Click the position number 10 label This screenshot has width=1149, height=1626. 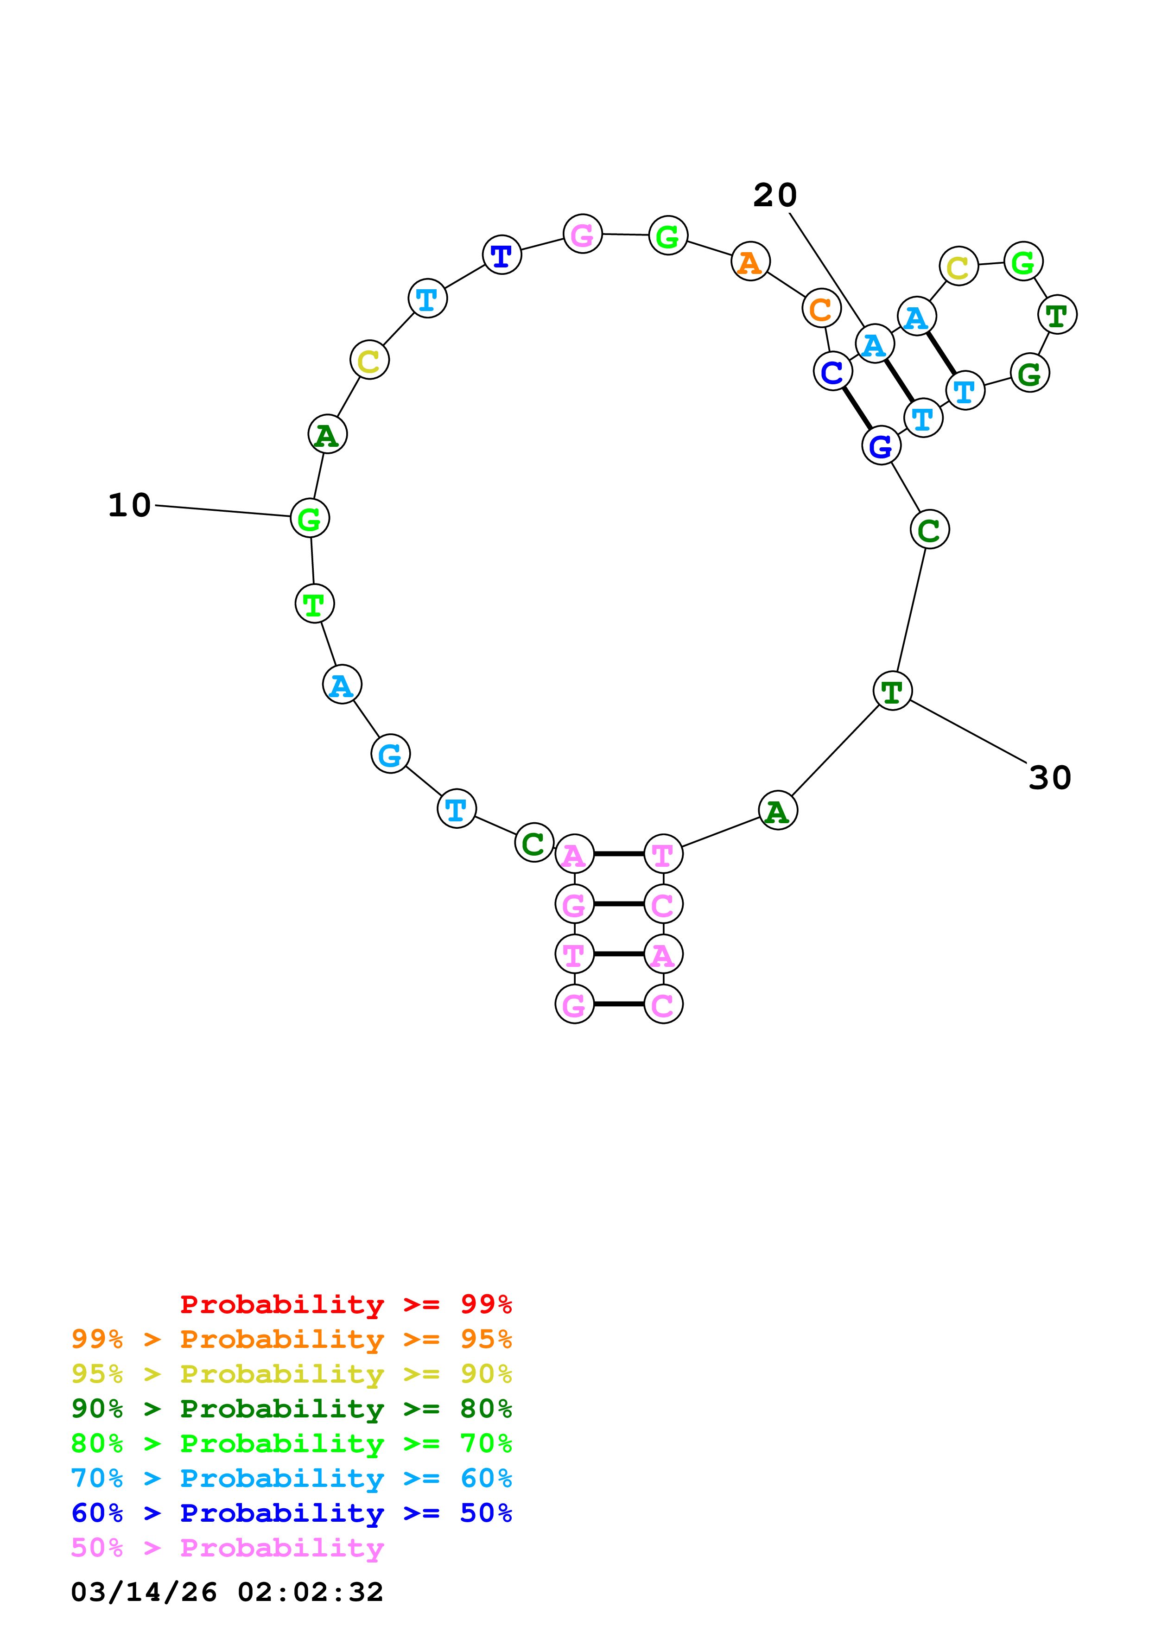click(130, 505)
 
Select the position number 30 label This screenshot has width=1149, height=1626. click(1049, 778)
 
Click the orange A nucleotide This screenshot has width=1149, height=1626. click(750, 261)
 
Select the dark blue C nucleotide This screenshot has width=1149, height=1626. click(832, 371)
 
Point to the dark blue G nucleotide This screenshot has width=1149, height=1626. click(881, 446)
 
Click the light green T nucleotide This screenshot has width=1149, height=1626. click(314, 604)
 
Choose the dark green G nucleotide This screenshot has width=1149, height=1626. click(1029, 373)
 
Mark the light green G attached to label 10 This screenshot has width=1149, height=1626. click(310, 518)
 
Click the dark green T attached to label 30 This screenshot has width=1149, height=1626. click(892, 691)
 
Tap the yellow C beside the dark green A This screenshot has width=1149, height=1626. click(369, 361)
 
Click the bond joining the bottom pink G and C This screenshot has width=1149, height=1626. click(619, 1004)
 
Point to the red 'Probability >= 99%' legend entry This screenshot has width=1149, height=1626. click(345, 1304)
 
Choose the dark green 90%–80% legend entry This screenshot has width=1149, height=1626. click(291, 1409)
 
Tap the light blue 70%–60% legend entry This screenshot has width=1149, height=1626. click(291, 1479)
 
